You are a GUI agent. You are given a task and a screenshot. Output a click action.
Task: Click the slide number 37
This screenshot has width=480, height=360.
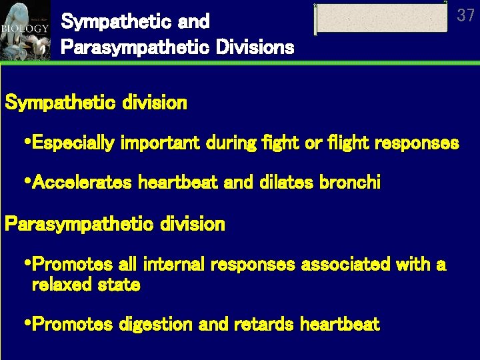click(x=465, y=15)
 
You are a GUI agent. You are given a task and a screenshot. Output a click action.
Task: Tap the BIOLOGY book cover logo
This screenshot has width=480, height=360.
click(x=25, y=30)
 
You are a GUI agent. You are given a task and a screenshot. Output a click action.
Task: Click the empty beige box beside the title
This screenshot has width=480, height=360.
click(x=381, y=18)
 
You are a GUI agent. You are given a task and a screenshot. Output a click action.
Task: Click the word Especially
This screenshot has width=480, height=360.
click(x=72, y=143)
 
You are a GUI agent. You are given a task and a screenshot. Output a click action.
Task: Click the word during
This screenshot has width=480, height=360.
click(x=225, y=143)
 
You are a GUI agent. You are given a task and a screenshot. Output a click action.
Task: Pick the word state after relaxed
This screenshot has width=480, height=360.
click(x=118, y=285)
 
